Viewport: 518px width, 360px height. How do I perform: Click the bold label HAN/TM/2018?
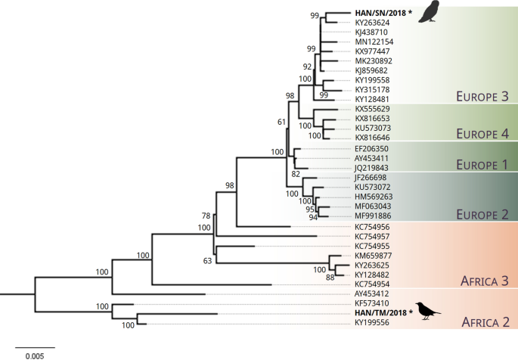[x=381, y=313]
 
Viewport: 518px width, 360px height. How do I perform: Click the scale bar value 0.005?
[x=31, y=354]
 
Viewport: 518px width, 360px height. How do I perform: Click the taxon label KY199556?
[x=371, y=324]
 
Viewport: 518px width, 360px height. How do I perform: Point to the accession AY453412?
[x=371, y=293]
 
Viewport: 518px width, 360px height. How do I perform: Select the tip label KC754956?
[x=371, y=226]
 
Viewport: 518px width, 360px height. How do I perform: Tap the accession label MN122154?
[x=371, y=42]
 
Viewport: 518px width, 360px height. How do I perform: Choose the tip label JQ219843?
[x=371, y=168]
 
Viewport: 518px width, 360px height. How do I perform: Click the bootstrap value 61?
[x=283, y=121]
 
